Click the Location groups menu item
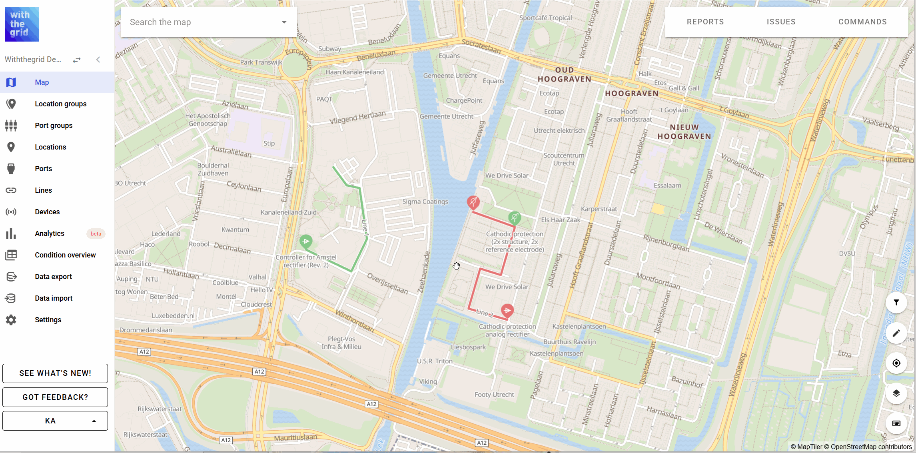[60, 104]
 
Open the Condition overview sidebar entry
[65, 255]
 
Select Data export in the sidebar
[53, 277]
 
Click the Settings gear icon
[11, 320]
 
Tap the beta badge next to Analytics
[96, 233]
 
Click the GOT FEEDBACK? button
[55, 397]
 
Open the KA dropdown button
[55, 421]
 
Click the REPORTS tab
[705, 22]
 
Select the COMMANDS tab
[862, 22]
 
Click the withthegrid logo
[22, 24]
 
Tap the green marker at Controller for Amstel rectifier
[306, 241]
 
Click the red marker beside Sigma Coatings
[473, 202]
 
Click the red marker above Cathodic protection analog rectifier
[507, 310]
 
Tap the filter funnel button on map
[896, 303]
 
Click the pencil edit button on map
[896, 333]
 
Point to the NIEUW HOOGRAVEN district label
[684, 132]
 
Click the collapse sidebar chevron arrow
[98, 60]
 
